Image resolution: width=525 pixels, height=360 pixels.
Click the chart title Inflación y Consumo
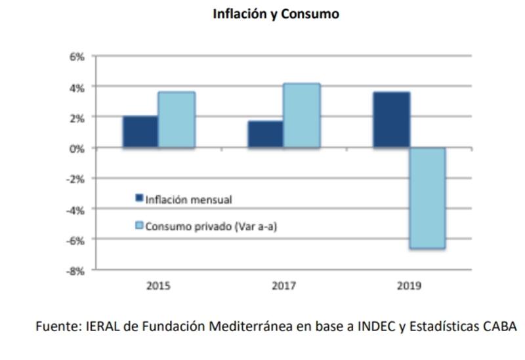[275, 14]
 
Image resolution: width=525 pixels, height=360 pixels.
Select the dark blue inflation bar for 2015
[140, 132]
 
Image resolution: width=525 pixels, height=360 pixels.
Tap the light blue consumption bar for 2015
[177, 119]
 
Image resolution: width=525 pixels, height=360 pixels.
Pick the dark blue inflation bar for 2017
[266, 134]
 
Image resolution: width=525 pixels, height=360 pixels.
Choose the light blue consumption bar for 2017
[302, 115]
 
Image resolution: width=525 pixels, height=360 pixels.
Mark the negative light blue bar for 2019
[428, 198]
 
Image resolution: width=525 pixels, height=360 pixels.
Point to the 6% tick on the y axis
[77, 56]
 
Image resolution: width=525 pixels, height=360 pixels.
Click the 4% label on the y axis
[77, 87]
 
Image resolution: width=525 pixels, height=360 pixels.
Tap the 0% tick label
[77, 148]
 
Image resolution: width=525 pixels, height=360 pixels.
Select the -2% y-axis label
[76, 178]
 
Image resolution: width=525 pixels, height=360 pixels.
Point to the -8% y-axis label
[76, 270]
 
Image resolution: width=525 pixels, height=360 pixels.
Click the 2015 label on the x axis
[159, 286]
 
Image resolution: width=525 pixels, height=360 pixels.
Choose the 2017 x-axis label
[284, 286]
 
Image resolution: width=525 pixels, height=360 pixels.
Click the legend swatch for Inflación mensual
[139, 198]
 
